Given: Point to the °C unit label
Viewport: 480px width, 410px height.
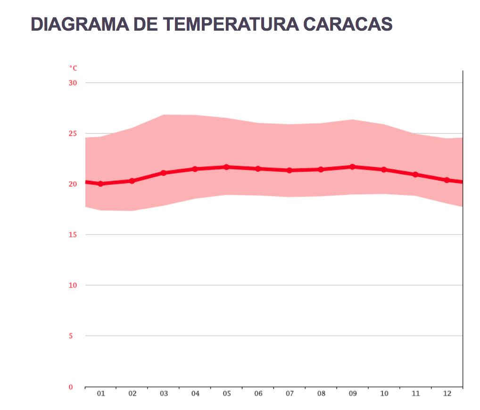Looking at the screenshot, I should [x=73, y=68].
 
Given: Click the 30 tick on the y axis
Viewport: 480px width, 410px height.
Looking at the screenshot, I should [x=73, y=83].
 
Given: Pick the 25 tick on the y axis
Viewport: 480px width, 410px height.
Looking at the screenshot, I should [x=73, y=134].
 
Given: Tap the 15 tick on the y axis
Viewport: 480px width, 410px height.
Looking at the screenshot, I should [x=73, y=234].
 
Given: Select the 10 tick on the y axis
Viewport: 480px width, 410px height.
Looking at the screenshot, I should [x=73, y=285].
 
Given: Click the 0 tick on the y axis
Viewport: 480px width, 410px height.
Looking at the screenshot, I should [x=71, y=387].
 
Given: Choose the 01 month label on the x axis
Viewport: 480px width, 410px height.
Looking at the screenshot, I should [x=100, y=393].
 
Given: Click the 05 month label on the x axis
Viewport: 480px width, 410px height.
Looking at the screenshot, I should [x=227, y=393].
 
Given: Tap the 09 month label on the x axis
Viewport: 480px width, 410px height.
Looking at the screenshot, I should [x=353, y=393].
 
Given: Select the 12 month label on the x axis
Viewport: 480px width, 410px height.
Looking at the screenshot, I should [x=447, y=393].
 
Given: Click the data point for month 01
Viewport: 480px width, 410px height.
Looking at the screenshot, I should [x=100, y=184].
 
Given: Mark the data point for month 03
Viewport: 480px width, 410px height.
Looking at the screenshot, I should [x=164, y=173].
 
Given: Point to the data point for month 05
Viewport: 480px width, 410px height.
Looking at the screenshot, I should [x=227, y=167].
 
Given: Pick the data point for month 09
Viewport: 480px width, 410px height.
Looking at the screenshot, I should [x=352, y=167].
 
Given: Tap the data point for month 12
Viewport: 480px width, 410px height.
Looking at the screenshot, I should [x=447, y=180].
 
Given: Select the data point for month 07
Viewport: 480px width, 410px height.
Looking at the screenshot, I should [x=290, y=170].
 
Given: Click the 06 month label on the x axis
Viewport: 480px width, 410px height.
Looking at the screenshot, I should [x=258, y=393].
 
